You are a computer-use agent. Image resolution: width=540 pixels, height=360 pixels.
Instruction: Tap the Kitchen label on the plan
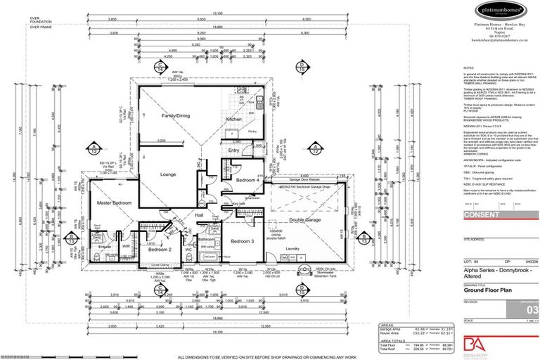[233, 120]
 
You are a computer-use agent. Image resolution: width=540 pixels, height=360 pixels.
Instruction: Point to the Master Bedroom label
[115, 203]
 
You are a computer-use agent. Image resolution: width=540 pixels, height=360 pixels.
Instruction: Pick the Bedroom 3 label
[241, 241]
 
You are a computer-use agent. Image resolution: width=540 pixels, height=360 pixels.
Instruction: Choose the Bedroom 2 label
[160, 249]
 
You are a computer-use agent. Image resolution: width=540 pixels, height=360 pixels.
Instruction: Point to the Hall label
[199, 215]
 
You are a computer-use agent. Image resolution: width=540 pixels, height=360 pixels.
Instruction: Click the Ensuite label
[105, 247]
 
